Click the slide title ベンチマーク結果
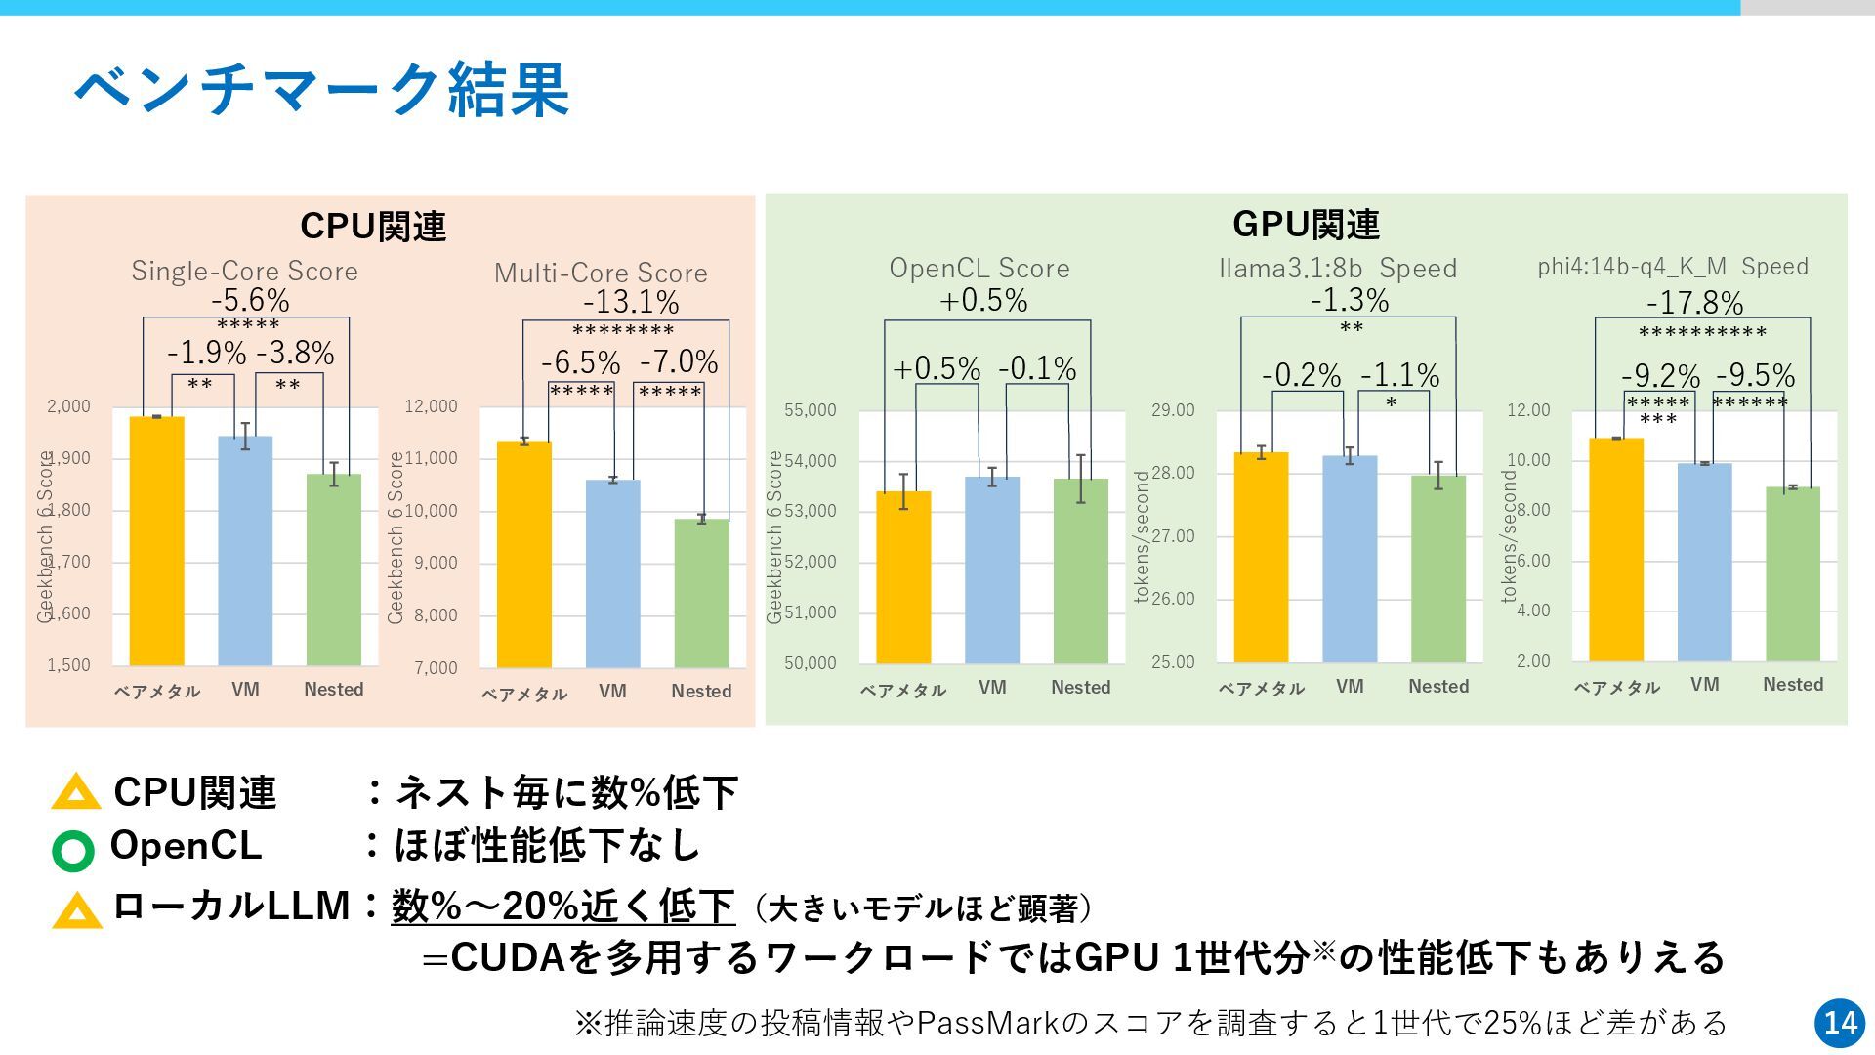[322, 89]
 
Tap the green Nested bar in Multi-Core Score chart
[701, 593]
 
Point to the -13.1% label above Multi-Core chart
[631, 303]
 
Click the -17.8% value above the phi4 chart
[1695, 303]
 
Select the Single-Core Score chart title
[244, 271]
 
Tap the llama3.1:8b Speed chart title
[1338, 268]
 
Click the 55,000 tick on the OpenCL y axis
[811, 410]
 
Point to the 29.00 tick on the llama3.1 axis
[1173, 410]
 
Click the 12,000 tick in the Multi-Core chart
[431, 406]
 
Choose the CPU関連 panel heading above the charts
[373, 226]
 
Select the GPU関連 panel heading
[1306, 224]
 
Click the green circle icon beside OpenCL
[73, 851]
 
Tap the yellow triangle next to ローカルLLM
[77, 911]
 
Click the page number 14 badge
[1841, 1023]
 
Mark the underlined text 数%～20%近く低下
[562, 907]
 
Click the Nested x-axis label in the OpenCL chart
[1080, 687]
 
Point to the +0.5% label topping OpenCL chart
[983, 301]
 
